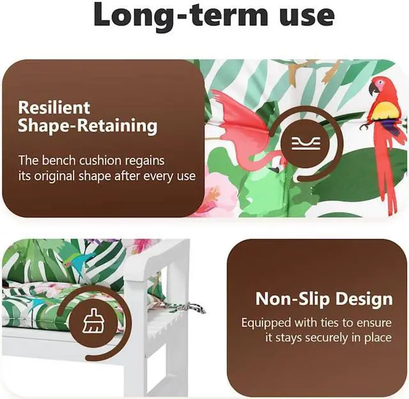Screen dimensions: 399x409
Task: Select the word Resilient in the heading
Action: click(x=54, y=107)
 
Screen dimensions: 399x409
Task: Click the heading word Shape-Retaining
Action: click(x=88, y=126)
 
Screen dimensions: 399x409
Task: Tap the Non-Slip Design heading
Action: click(x=324, y=299)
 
